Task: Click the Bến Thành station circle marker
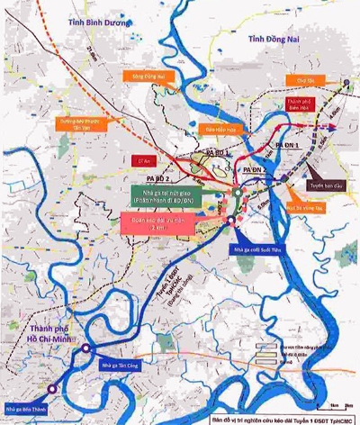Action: [51, 389]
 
